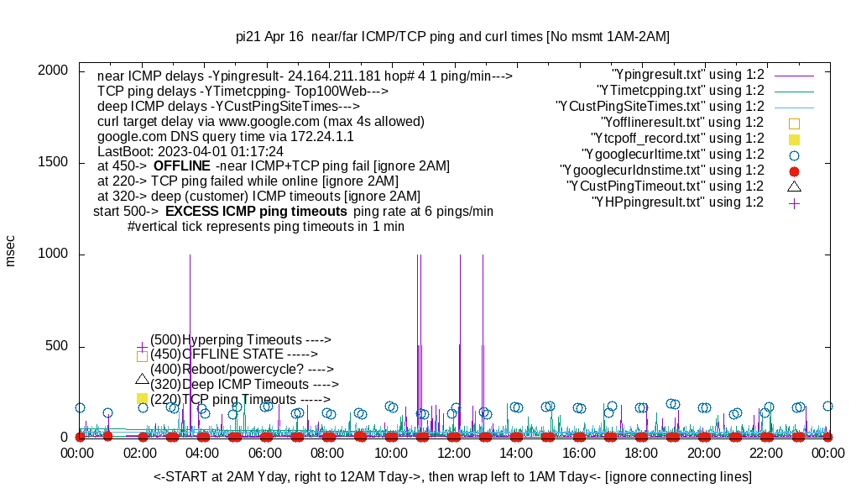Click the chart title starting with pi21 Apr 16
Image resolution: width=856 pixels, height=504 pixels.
point(452,36)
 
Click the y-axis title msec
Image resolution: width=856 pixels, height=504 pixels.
point(11,249)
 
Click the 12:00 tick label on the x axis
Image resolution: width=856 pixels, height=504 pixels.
point(453,454)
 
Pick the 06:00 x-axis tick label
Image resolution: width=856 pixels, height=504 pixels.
point(265,454)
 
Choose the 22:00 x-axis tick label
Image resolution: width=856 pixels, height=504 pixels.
point(765,454)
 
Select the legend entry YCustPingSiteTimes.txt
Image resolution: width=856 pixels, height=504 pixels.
point(660,107)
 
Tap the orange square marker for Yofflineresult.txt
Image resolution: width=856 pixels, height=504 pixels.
point(794,123)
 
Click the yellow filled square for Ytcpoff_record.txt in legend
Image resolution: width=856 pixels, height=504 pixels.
point(794,139)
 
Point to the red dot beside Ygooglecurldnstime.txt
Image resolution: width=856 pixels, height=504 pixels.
point(794,171)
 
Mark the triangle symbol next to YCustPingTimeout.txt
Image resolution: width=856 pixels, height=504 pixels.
point(794,186)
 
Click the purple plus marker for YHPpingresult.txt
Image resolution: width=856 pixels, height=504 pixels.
point(794,202)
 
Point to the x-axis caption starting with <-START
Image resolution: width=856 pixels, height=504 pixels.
point(452,477)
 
